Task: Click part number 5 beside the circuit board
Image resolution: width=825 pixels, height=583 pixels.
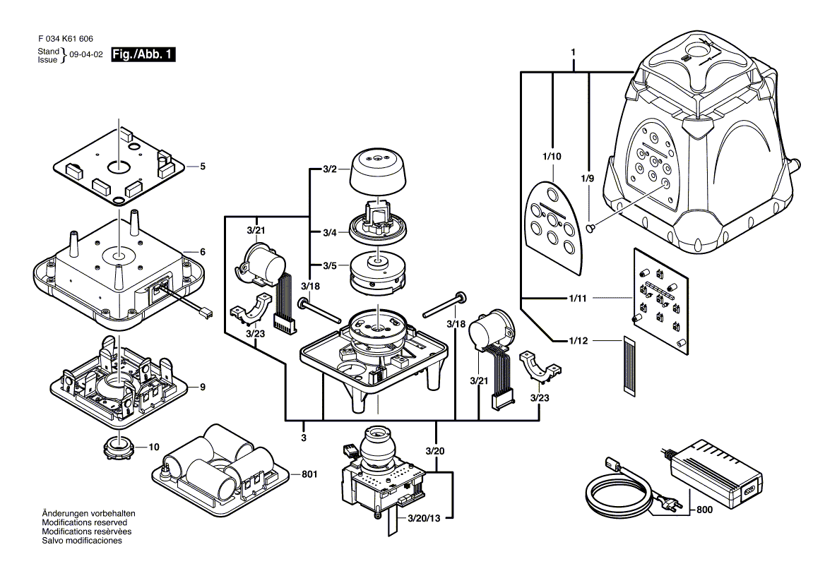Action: [x=202, y=167]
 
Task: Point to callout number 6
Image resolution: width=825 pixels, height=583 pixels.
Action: [x=202, y=252]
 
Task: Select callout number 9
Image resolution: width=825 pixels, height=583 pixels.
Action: [x=202, y=387]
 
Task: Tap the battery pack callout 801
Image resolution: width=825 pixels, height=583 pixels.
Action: [x=308, y=474]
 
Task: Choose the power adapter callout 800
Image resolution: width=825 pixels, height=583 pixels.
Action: [x=704, y=510]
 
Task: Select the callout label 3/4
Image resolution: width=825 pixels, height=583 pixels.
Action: [x=329, y=233]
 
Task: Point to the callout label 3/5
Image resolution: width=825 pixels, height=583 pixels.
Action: [x=329, y=266]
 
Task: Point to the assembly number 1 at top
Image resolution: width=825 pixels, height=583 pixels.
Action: [x=574, y=53]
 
